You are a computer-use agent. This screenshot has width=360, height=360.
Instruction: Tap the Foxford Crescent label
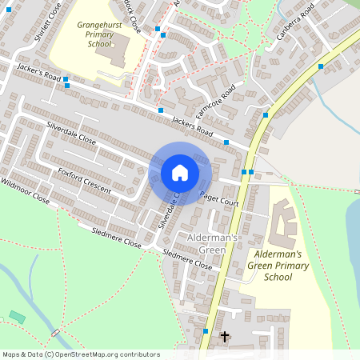pos(83,177)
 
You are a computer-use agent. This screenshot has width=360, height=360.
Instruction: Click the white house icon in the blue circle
pos(180,173)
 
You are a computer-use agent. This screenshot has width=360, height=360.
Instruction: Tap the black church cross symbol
pos(224,337)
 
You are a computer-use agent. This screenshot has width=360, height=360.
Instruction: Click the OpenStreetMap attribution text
pos(80,354)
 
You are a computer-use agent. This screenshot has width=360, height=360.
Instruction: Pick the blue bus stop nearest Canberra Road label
pos(321,66)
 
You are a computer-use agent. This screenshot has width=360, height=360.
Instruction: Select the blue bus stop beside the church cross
pos(206,330)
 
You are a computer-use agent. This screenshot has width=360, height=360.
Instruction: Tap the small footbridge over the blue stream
pos(55,331)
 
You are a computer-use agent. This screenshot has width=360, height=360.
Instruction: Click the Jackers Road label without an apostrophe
pos(193,126)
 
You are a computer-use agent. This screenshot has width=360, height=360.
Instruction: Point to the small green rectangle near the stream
pos(17,317)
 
